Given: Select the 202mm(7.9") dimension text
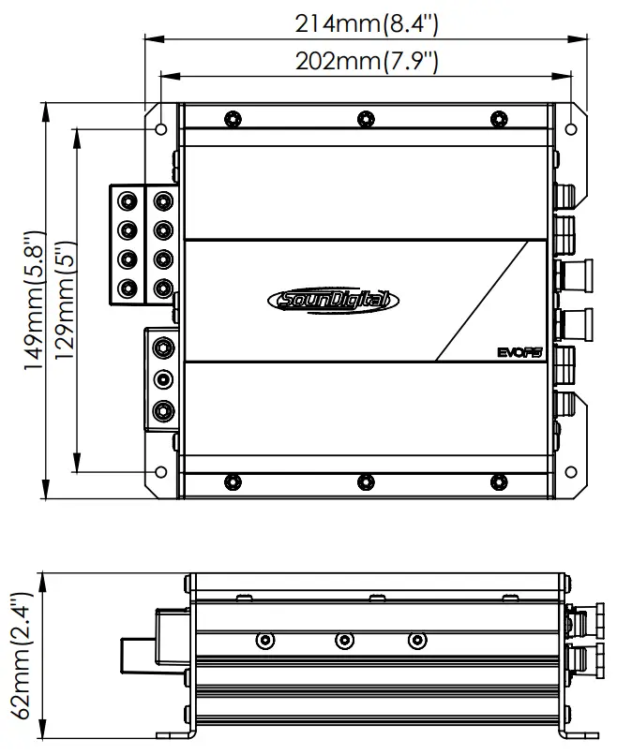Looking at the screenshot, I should click(x=367, y=62).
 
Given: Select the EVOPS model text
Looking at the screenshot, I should click(x=521, y=352).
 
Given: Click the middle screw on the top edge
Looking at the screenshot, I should click(x=365, y=119).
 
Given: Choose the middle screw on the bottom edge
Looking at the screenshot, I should click(x=365, y=481).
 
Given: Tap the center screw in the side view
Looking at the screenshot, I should click(x=344, y=641).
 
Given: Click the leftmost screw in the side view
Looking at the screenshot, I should click(x=266, y=641).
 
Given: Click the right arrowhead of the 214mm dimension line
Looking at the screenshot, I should click(x=582, y=38).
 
